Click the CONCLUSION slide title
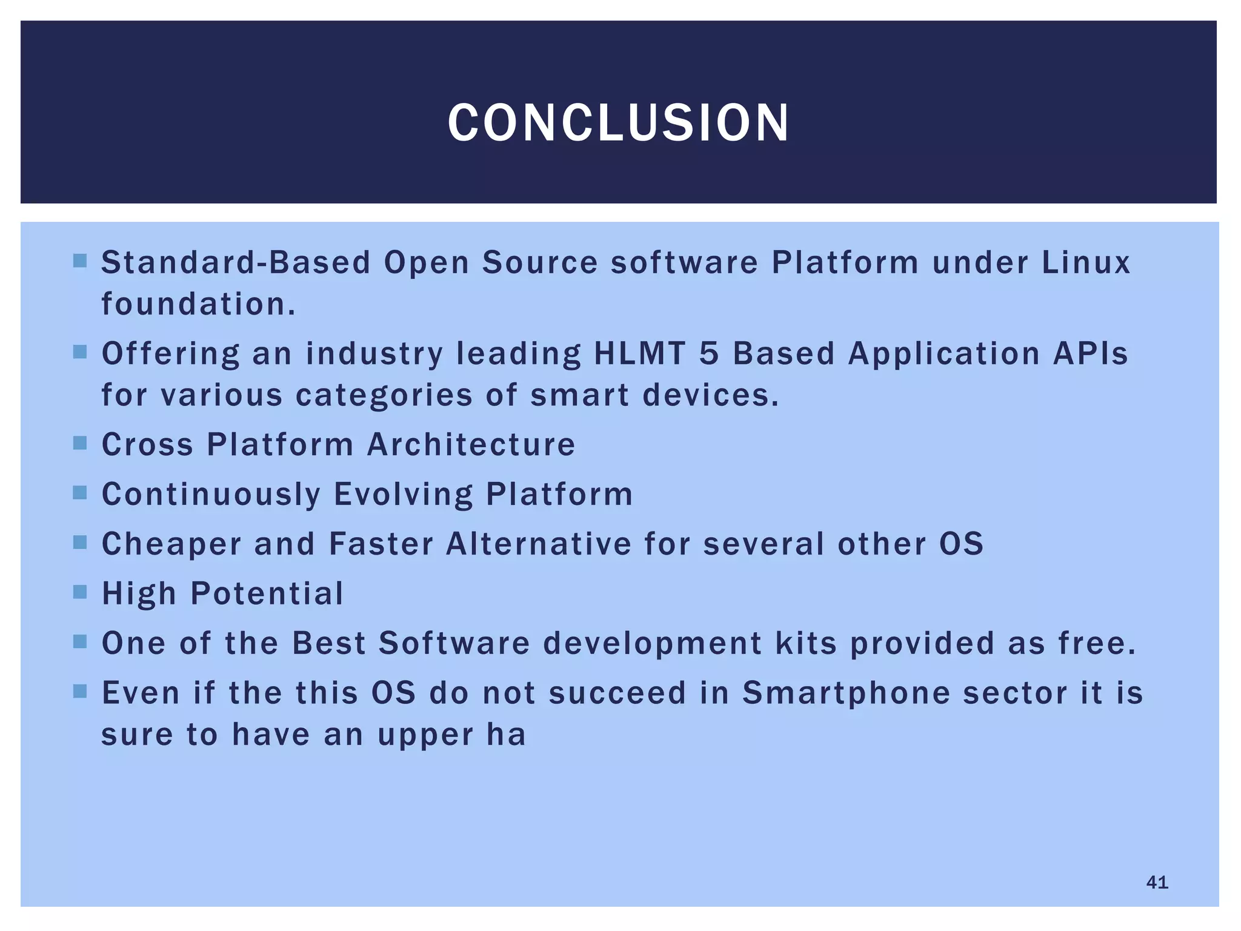tap(619, 123)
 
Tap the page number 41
tap(1157, 883)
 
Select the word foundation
tap(198, 304)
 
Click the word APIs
tap(1090, 354)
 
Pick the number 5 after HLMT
tap(709, 354)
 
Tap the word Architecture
tap(471, 444)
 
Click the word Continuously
tap(211, 495)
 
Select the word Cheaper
tap(171, 544)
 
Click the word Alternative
tap(539, 544)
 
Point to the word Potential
tap(267, 594)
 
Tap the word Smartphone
tap(846, 693)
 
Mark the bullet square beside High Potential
tap(80, 592)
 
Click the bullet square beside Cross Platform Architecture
tap(80, 443)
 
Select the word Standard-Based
tap(235, 263)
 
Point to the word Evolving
tap(403, 495)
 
